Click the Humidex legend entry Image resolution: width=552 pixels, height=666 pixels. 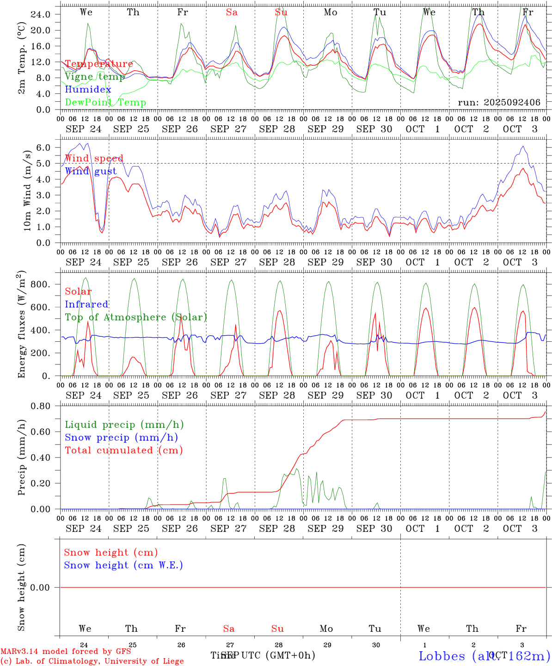88,90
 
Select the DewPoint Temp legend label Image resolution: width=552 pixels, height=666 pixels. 105,103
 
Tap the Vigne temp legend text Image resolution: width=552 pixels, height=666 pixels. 95,77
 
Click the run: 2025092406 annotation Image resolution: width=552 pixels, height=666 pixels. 499,103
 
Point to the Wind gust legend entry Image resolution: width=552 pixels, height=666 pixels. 91,171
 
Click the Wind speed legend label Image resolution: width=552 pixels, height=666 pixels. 94,159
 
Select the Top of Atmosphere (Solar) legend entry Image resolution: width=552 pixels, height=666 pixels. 135,317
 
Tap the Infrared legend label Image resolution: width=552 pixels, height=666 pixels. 86,304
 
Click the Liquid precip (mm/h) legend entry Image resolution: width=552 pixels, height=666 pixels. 124,425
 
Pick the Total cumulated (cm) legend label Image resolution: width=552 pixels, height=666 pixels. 123,450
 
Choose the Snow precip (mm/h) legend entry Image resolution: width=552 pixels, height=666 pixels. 121,438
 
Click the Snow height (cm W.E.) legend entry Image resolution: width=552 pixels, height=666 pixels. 123,565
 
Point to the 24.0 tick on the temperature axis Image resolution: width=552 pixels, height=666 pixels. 40,14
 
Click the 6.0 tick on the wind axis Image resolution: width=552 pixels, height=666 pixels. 43,148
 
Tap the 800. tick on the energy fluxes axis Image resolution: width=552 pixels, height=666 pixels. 40,284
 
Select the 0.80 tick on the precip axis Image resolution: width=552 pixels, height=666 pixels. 40,406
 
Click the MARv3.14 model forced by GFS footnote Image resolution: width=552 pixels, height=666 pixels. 66,652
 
